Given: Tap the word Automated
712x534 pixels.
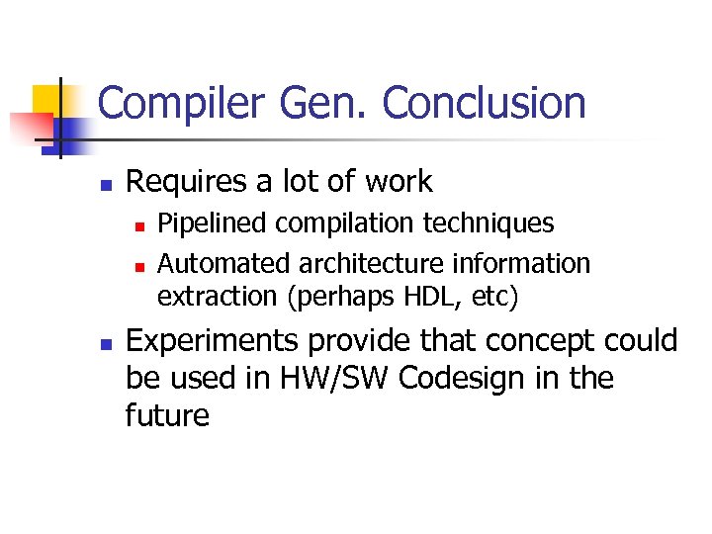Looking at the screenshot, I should pos(220,264).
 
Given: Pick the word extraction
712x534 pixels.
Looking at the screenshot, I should pos(206,295).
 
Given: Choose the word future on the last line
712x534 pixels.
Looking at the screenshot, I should pos(167,415).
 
